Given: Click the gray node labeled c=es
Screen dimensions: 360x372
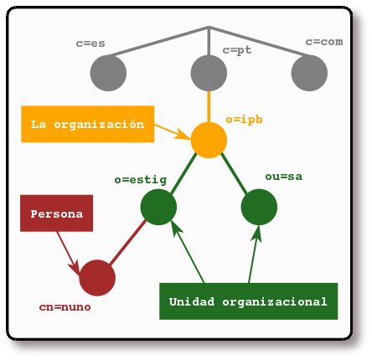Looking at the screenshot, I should tap(108, 74).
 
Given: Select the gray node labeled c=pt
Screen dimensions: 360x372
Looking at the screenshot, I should tap(209, 74).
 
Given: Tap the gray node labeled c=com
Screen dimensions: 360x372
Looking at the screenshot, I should tap(309, 74).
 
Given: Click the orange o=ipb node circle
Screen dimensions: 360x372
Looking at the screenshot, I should tap(209, 140).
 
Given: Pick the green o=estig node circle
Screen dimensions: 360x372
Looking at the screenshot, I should tap(158, 207).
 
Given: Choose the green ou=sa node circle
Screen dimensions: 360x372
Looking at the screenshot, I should tap(259, 207).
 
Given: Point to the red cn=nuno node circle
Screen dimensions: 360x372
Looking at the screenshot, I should tap(97, 278).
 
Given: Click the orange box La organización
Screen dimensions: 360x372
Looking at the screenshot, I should tap(87, 124).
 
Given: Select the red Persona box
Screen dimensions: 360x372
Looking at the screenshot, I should tap(56, 214).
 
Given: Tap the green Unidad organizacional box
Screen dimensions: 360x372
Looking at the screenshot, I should tap(248, 301).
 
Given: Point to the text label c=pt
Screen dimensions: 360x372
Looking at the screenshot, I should tap(237, 50).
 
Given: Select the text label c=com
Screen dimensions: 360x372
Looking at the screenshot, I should tap(323, 42).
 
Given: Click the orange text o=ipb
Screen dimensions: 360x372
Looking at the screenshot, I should tap(244, 120).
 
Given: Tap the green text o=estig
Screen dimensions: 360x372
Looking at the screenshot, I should tap(140, 179).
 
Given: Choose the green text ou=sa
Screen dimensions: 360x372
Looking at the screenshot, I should tap(283, 177).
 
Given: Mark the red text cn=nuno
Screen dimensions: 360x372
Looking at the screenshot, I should tap(65, 307).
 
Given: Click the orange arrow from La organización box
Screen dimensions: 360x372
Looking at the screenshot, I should tap(174, 131).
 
